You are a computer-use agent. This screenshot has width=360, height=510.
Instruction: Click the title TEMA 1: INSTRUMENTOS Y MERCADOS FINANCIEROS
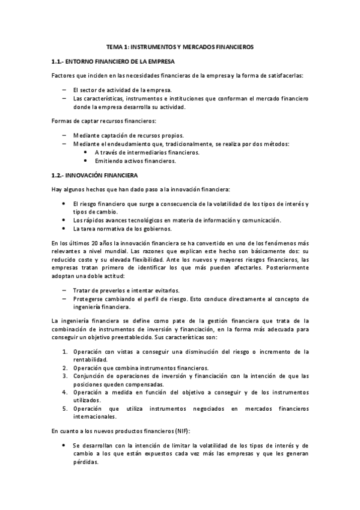tap(180, 46)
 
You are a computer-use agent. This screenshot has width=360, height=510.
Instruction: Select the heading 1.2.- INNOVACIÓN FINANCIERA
tap(95, 175)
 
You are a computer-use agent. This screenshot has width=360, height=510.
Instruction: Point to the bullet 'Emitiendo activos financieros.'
tap(135, 161)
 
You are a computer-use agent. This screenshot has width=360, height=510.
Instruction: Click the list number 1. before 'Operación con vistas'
tap(66, 351)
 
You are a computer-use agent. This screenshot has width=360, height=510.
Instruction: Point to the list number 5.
tap(66, 408)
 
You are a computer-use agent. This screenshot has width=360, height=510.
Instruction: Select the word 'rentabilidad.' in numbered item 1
tap(91, 359)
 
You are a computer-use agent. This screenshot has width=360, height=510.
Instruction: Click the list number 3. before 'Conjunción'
tap(66, 376)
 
